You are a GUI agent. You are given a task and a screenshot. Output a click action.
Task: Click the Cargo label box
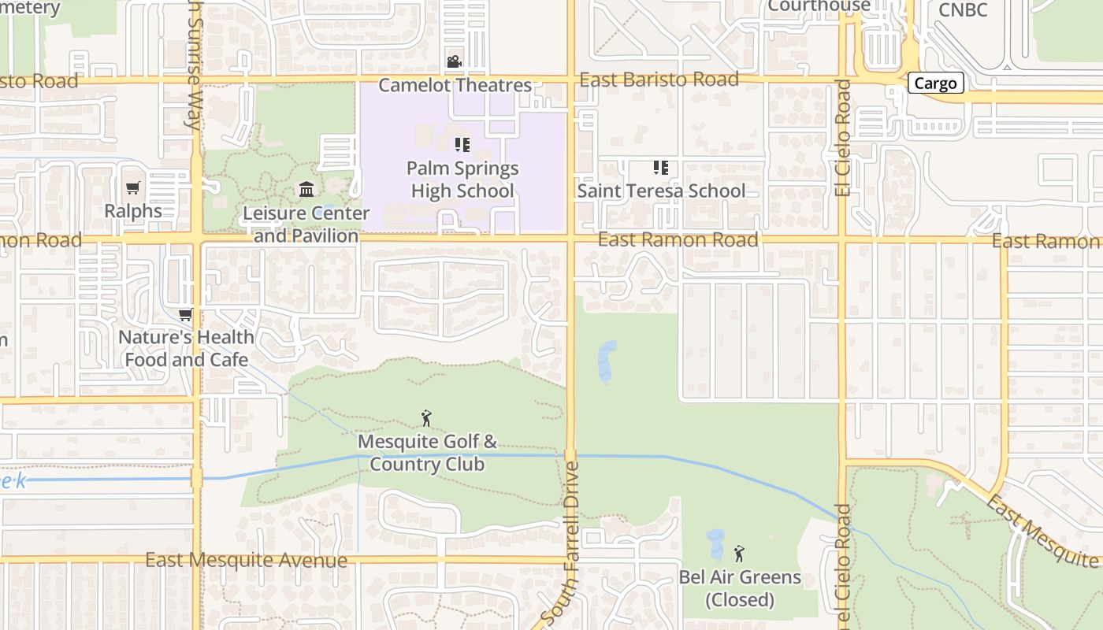tap(936, 83)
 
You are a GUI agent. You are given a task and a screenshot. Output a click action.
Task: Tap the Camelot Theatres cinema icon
tap(454, 61)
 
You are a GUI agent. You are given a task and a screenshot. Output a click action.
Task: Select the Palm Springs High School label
tap(462, 180)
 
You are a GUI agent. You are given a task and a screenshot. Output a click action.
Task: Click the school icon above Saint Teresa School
tap(660, 168)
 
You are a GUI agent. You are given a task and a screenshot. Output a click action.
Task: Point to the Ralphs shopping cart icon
tap(133, 188)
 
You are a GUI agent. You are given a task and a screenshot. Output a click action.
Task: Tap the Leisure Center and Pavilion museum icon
tap(306, 190)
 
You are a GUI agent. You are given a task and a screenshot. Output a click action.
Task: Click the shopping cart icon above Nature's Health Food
tap(186, 315)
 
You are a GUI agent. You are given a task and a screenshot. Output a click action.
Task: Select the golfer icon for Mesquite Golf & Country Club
tap(426, 418)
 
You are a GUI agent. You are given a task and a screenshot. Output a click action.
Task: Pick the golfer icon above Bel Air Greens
tap(739, 554)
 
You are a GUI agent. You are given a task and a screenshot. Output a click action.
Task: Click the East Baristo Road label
tap(659, 80)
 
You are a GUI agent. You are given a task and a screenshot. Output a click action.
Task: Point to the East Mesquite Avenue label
tap(247, 561)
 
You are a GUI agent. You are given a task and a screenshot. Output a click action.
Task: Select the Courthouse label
tap(819, 6)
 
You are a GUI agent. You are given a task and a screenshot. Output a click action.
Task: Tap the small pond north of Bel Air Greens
tap(715, 544)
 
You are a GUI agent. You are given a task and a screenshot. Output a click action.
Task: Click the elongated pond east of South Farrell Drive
tap(606, 361)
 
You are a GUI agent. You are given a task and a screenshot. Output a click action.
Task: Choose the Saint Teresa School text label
tap(661, 191)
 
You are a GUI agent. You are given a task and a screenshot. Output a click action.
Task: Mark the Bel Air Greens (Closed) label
tap(740, 588)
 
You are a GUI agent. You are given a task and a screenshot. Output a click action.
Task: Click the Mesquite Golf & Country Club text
tap(427, 453)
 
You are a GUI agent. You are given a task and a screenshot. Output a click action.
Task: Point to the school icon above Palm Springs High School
tap(462, 145)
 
